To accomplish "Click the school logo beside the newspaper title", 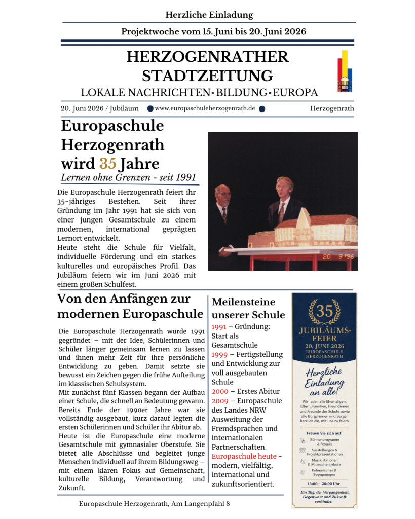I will [x=345, y=71].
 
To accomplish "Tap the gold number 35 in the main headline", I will [x=107, y=164].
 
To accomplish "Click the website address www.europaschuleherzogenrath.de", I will [x=205, y=108].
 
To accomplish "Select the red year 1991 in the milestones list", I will [x=219, y=327].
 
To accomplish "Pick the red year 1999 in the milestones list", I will [x=219, y=354].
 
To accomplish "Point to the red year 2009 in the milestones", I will [x=220, y=401].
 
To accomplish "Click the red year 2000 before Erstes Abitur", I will [x=220, y=391].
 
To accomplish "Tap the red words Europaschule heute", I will [x=244, y=456].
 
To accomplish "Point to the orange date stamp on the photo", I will [x=335, y=257].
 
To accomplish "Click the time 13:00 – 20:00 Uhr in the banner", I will [x=324, y=483].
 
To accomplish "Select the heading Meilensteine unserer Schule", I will [x=248, y=308].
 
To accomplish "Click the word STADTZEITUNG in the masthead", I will [x=207, y=76].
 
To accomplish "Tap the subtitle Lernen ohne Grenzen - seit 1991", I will [x=128, y=178].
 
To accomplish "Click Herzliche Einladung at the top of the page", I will [x=209, y=15].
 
